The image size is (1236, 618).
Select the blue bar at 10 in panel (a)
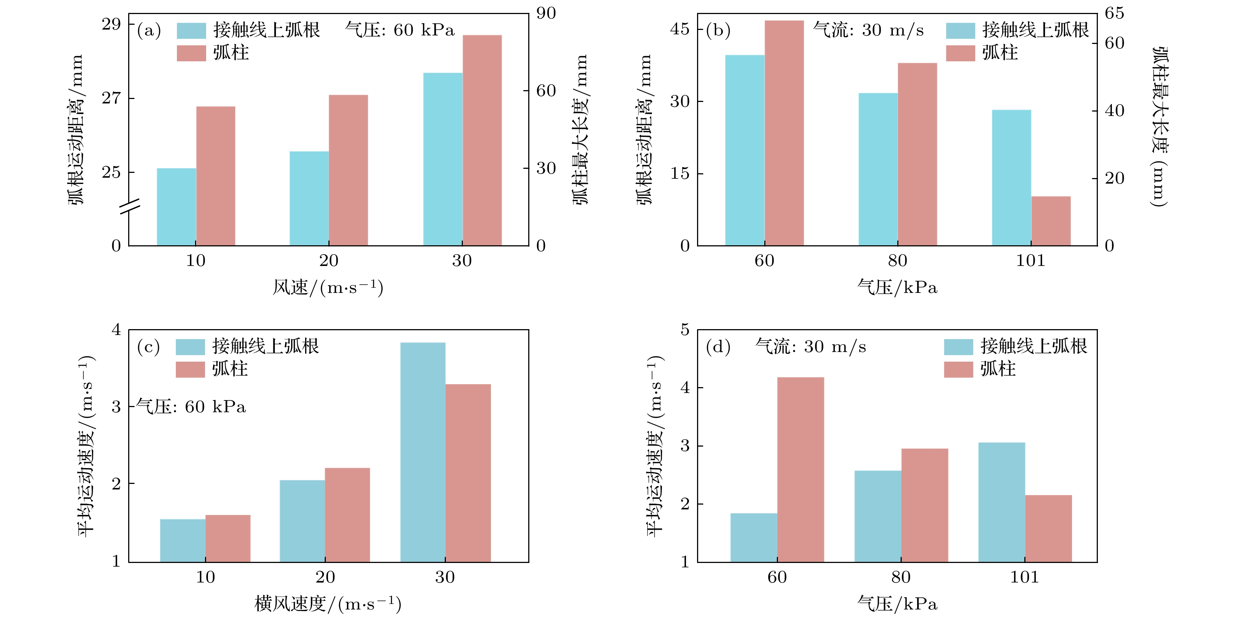(177, 207)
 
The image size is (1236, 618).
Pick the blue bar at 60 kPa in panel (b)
(745, 150)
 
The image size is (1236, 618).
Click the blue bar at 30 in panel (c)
(423, 452)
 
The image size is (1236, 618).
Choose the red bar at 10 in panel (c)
(228, 538)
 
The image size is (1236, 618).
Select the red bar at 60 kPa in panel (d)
(800, 469)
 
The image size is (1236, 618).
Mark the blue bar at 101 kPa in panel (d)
(1001, 502)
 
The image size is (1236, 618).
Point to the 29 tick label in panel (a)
(111, 24)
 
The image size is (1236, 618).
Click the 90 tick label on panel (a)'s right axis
(546, 13)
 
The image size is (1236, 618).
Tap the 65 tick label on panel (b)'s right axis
(1114, 13)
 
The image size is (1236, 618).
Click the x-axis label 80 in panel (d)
(901, 577)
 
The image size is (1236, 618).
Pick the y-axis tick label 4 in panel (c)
(116, 330)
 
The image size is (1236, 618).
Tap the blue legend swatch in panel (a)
(191, 31)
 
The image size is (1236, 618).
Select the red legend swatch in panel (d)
(958, 369)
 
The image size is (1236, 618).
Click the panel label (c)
(148, 346)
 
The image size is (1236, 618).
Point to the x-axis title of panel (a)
(328, 288)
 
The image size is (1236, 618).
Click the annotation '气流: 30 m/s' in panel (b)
(868, 30)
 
